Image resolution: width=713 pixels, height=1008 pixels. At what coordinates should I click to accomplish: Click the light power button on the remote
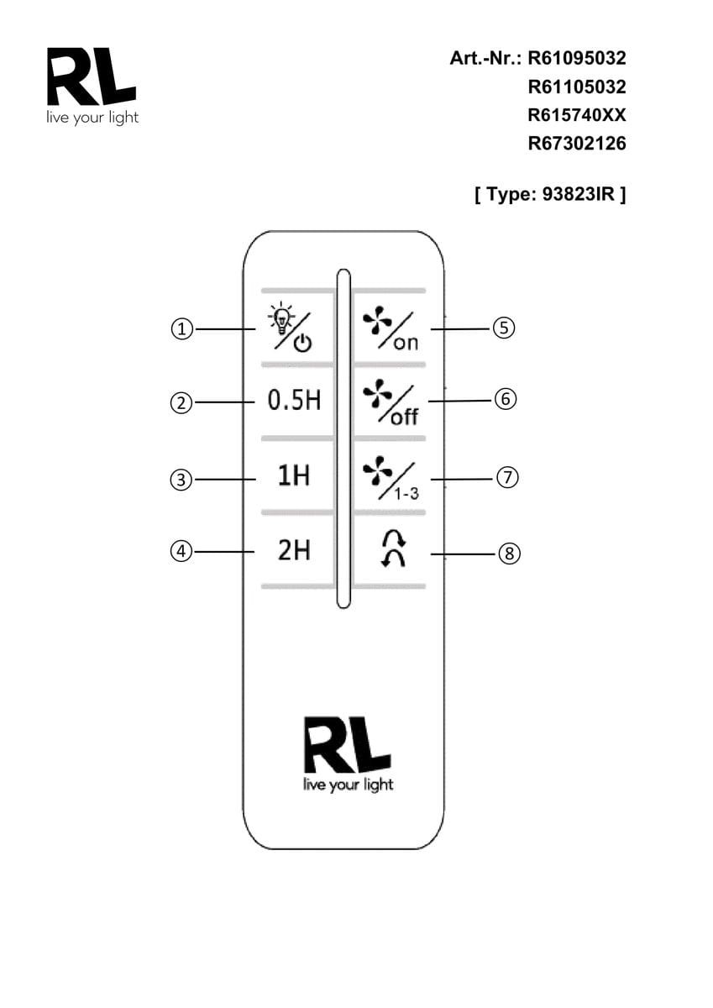click(x=290, y=328)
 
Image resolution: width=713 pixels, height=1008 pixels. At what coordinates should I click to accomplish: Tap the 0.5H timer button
click(x=294, y=401)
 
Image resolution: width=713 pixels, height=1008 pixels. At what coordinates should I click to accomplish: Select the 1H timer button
click(x=294, y=475)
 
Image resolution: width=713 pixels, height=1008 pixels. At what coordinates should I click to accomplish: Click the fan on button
click(x=390, y=328)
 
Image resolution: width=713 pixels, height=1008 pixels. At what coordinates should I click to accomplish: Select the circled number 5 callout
click(x=502, y=328)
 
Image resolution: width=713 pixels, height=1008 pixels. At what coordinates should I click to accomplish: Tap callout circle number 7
click(x=507, y=478)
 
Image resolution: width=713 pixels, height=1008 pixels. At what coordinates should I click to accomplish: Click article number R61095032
click(x=577, y=59)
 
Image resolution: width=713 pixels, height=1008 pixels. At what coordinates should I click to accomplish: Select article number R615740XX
click(x=577, y=115)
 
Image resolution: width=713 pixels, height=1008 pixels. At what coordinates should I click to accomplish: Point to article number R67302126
click(x=577, y=144)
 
